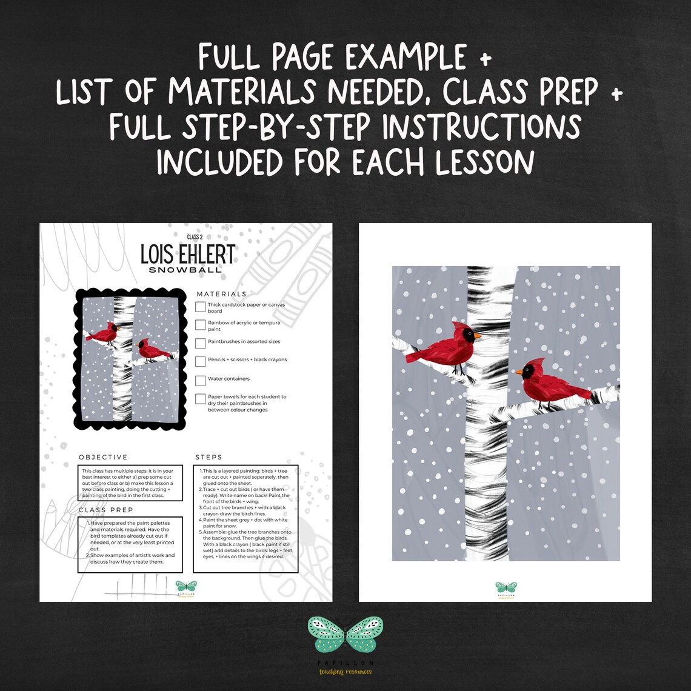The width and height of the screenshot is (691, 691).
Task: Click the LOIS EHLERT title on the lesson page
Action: [187, 255]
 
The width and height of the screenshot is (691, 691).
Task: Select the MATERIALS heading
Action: [221, 294]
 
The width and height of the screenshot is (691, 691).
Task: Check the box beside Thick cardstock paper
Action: [201, 307]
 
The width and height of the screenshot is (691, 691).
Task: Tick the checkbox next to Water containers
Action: [201, 380]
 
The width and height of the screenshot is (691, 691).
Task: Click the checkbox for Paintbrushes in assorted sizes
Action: [201, 343]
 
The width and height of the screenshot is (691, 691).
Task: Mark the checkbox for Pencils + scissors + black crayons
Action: [201, 361]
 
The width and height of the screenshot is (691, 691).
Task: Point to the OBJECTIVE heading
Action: [103, 457]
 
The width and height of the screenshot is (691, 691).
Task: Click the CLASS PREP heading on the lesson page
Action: [106, 510]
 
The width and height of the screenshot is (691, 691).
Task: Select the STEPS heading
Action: [209, 457]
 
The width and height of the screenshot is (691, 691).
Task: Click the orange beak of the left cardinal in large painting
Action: [478, 335]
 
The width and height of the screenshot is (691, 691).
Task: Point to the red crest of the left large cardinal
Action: [462, 327]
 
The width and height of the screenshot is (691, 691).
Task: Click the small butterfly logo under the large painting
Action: [506, 587]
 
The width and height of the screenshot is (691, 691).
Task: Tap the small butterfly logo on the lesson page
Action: [186, 586]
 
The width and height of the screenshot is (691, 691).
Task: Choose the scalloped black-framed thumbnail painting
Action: [130, 358]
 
